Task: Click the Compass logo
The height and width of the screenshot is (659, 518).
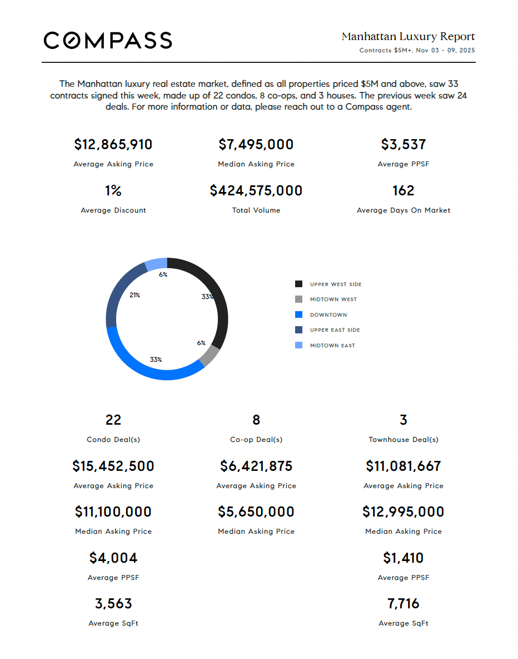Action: point(108,40)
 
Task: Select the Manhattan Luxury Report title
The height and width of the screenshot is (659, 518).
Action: point(408,37)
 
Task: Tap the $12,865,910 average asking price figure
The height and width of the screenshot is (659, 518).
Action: point(113,145)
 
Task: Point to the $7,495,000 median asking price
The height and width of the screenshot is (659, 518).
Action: point(256,145)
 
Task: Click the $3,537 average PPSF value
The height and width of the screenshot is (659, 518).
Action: point(404,145)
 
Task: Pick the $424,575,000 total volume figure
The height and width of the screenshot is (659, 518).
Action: point(256,191)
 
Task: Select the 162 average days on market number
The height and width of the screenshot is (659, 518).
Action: point(404,191)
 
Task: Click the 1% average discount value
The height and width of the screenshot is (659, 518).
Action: point(113,191)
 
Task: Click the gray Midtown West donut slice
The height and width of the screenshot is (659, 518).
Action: point(210,356)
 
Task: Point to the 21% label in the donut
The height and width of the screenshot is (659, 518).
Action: point(135,295)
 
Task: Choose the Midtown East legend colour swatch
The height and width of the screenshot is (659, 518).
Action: point(299,345)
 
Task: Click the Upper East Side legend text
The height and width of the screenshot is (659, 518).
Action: point(335,330)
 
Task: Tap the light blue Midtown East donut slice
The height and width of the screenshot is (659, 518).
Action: point(156,263)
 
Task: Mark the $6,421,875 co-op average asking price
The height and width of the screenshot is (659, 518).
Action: point(256,466)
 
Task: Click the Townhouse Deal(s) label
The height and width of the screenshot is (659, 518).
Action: point(404,440)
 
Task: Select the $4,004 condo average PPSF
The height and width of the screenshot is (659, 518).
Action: point(113,558)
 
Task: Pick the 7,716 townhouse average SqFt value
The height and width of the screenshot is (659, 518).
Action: point(404,604)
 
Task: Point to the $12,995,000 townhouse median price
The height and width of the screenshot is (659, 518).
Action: point(404,512)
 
